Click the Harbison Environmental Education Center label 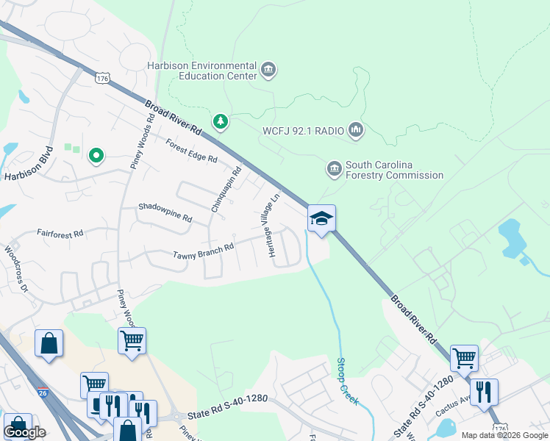click(201, 71)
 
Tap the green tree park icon click(218, 121)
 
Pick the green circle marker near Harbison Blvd click(95, 156)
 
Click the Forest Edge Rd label click(191, 151)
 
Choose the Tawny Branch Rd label click(203, 251)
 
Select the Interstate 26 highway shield click(43, 392)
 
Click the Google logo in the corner click(24, 432)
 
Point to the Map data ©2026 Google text click(504, 435)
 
